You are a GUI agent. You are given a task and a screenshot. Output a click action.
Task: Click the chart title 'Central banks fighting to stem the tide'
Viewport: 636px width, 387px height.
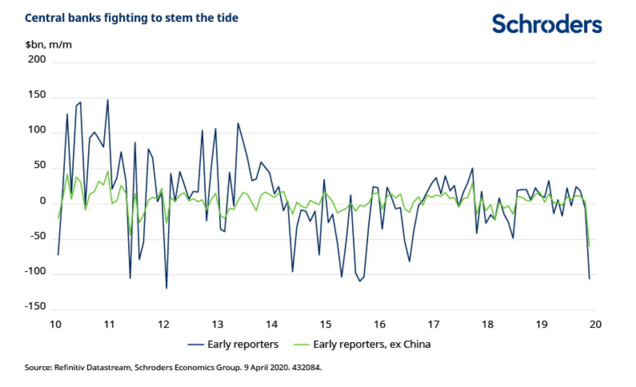(x=131, y=18)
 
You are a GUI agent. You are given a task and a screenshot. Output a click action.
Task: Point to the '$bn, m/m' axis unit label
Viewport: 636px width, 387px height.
(x=48, y=45)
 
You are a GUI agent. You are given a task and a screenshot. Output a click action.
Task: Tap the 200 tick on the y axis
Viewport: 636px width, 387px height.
(x=37, y=60)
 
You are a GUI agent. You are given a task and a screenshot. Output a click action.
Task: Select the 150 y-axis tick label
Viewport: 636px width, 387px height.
(x=37, y=95)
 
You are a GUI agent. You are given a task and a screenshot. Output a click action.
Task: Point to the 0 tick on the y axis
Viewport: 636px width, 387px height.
(x=43, y=201)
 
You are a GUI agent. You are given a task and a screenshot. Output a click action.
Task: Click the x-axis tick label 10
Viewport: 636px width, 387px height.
(x=56, y=324)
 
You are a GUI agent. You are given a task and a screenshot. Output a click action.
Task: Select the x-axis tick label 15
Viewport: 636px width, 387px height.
(x=325, y=324)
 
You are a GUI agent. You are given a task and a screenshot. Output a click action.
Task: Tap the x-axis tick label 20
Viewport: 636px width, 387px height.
(x=596, y=324)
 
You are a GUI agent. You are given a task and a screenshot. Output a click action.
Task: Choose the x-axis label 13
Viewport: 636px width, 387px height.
(x=217, y=324)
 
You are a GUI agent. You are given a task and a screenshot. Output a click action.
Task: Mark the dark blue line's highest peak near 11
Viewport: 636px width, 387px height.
(x=108, y=100)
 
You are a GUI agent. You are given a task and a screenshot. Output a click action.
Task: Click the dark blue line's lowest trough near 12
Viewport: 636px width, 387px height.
(x=166, y=288)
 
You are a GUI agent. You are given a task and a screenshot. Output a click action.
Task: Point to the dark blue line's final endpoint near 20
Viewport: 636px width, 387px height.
(x=589, y=279)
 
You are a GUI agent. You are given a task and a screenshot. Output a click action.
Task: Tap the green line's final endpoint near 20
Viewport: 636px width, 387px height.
(x=589, y=246)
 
